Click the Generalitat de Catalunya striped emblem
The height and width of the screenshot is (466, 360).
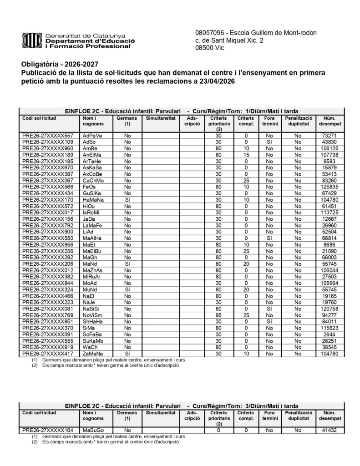[x=31, y=41]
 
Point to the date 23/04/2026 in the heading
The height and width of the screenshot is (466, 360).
[x=215, y=81]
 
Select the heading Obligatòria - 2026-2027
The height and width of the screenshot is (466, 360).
[x=59, y=65]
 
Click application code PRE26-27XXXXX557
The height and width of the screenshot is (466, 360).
[x=48, y=136]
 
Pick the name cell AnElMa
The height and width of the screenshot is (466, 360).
[x=92, y=155]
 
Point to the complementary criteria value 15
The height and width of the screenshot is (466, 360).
[x=246, y=155]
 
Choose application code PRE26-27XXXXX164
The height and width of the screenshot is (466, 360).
[x=48, y=430]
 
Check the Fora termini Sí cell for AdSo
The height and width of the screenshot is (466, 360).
[x=269, y=142]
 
